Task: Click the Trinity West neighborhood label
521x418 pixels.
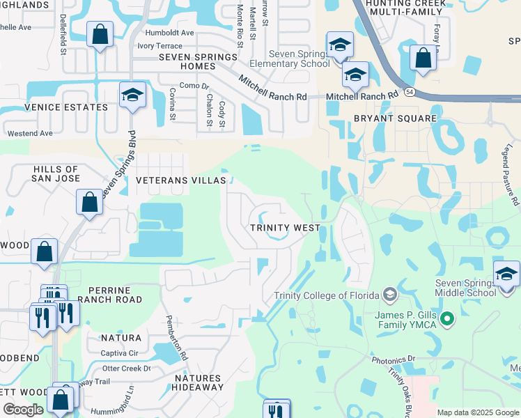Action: [286, 228]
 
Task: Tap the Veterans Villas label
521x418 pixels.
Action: [180, 180]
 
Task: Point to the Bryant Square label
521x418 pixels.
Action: [395, 118]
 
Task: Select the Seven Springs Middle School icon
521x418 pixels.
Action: [506, 274]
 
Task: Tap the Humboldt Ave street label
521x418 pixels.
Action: [169, 33]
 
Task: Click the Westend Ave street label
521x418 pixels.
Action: [30, 133]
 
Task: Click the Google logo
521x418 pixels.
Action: [24, 410]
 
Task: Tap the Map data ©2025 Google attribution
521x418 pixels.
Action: [478, 412]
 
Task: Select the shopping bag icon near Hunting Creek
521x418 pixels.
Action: [422, 58]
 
